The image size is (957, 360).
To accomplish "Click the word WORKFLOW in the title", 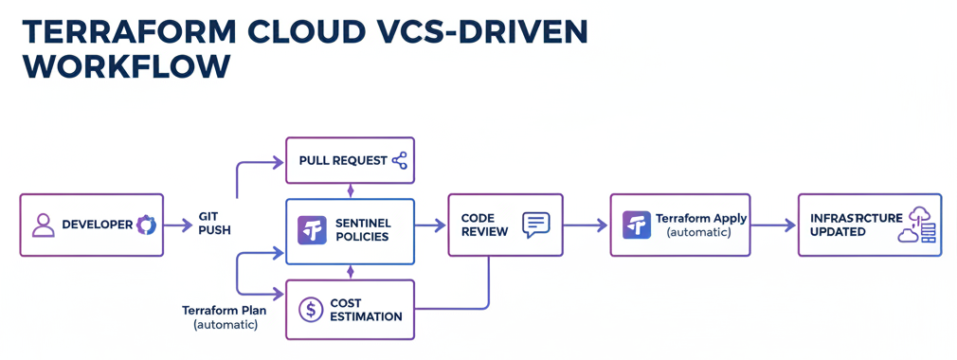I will pyautogui.click(x=125, y=66).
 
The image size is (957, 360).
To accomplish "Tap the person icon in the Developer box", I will pyautogui.click(x=44, y=225).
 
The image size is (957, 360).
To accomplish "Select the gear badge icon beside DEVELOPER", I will pyautogui.click(x=146, y=225).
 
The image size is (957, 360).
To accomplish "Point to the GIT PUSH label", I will pyautogui.click(x=214, y=224).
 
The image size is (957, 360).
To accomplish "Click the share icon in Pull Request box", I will pyautogui.click(x=399, y=160).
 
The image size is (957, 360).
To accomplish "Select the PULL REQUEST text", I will pyautogui.click(x=342, y=160).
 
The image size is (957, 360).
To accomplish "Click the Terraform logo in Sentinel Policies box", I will pyautogui.click(x=312, y=230).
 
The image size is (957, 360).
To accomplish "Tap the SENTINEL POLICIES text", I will pyautogui.click(x=362, y=229).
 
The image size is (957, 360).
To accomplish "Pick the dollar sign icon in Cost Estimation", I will pyautogui.click(x=311, y=310).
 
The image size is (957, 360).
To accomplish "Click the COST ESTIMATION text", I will pyautogui.click(x=366, y=310).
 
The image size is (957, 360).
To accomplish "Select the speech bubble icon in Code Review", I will pyautogui.click(x=535, y=225).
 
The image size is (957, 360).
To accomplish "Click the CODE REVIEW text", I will pyautogui.click(x=484, y=225).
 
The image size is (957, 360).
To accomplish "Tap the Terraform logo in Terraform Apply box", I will pyautogui.click(x=637, y=225).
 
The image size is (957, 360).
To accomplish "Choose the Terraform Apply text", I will pyautogui.click(x=700, y=218).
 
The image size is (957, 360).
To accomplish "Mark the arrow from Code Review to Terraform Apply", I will pyautogui.click(x=586, y=225).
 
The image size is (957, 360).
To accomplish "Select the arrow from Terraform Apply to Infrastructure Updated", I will pyautogui.click(x=774, y=225).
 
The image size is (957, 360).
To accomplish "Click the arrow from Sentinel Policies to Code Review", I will pyautogui.click(x=431, y=225).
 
